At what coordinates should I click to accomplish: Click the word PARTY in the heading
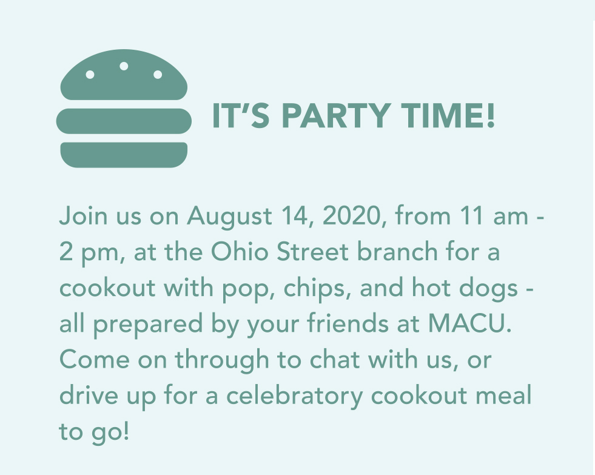coord(336,115)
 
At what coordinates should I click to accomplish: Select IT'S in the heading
coord(241,115)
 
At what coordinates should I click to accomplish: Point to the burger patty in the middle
coord(124,121)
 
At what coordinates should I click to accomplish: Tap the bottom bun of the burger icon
coord(124,155)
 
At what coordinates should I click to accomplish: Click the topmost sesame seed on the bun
coord(124,66)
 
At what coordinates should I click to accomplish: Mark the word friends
coord(348,323)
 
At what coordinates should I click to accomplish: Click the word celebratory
coord(294,396)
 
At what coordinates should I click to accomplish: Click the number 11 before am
coord(472,215)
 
